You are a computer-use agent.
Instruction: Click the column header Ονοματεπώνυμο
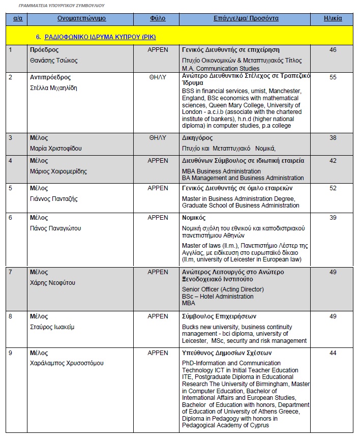81,18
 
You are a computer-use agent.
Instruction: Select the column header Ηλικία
333,18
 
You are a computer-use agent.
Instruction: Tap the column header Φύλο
158,18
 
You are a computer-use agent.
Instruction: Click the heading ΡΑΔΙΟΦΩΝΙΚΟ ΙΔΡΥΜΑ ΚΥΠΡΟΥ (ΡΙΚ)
100,38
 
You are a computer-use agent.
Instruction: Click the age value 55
333,77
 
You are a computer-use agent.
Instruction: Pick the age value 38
333,138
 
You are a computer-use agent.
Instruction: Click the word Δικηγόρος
197,138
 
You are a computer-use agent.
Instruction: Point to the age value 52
333,188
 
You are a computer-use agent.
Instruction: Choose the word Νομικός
194,218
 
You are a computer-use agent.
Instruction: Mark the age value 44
333,353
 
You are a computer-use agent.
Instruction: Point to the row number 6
11,218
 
